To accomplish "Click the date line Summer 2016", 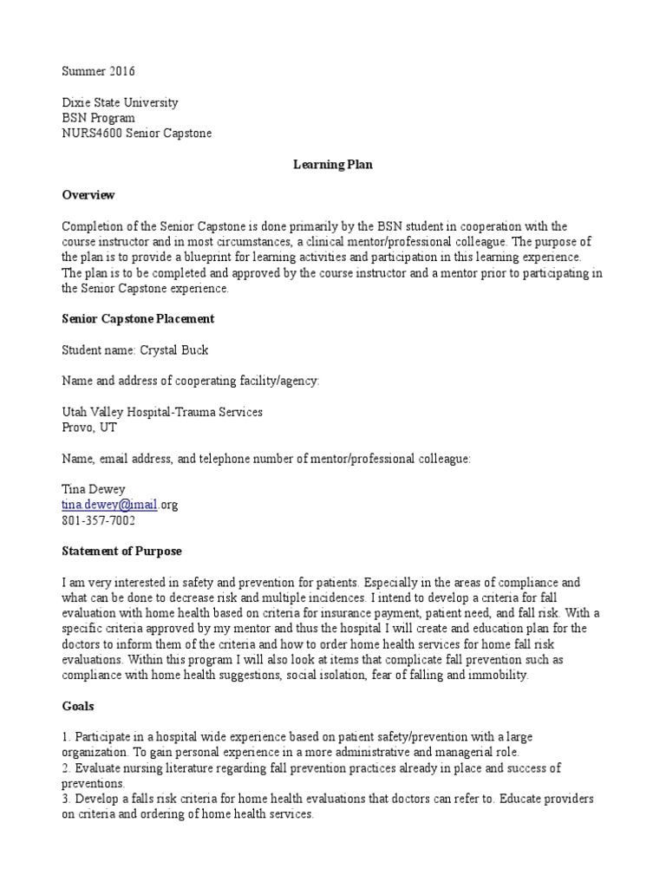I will [x=99, y=71].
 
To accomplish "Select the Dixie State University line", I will [x=120, y=102].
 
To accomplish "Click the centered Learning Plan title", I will [x=332, y=165].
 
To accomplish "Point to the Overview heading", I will [x=88, y=195].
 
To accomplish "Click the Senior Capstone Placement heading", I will [x=138, y=319].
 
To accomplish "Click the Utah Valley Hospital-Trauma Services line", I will [x=162, y=412].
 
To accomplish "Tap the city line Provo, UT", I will [x=89, y=428].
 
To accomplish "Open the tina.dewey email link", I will [x=109, y=506].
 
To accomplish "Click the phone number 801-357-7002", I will [x=99, y=521].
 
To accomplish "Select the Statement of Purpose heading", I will [x=121, y=552].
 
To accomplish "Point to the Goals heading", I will [x=79, y=707].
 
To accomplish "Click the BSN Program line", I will [x=99, y=118].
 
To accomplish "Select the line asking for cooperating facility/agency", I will [x=191, y=381].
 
